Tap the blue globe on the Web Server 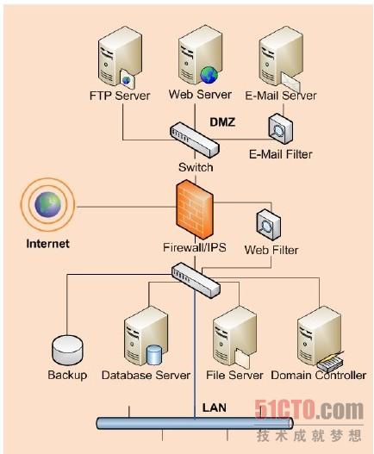pyautogui.click(x=209, y=75)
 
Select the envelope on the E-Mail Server pyautogui.click(x=290, y=82)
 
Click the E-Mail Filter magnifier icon pyautogui.click(x=280, y=129)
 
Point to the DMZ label pyautogui.click(x=222, y=121)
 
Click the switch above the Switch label pyautogui.click(x=194, y=140)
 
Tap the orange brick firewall pyautogui.click(x=195, y=209)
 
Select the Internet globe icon pyautogui.click(x=47, y=205)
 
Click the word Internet pyautogui.click(x=47, y=244)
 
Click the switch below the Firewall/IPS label pyautogui.click(x=196, y=280)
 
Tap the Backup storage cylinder pyautogui.click(x=67, y=351)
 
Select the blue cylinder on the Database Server pyautogui.click(x=154, y=354)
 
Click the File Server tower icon pyautogui.click(x=234, y=338)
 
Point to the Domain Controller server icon pyautogui.click(x=320, y=339)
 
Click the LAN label pyautogui.click(x=215, y=407)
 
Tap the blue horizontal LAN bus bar pyautogui.click(x=195, y=423)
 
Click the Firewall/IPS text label pyautogui.click(x=195, y=247)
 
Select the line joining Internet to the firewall pyautogui.click(x=126, y=207)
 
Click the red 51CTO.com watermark pyautogui.click(x=309, y=410)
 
